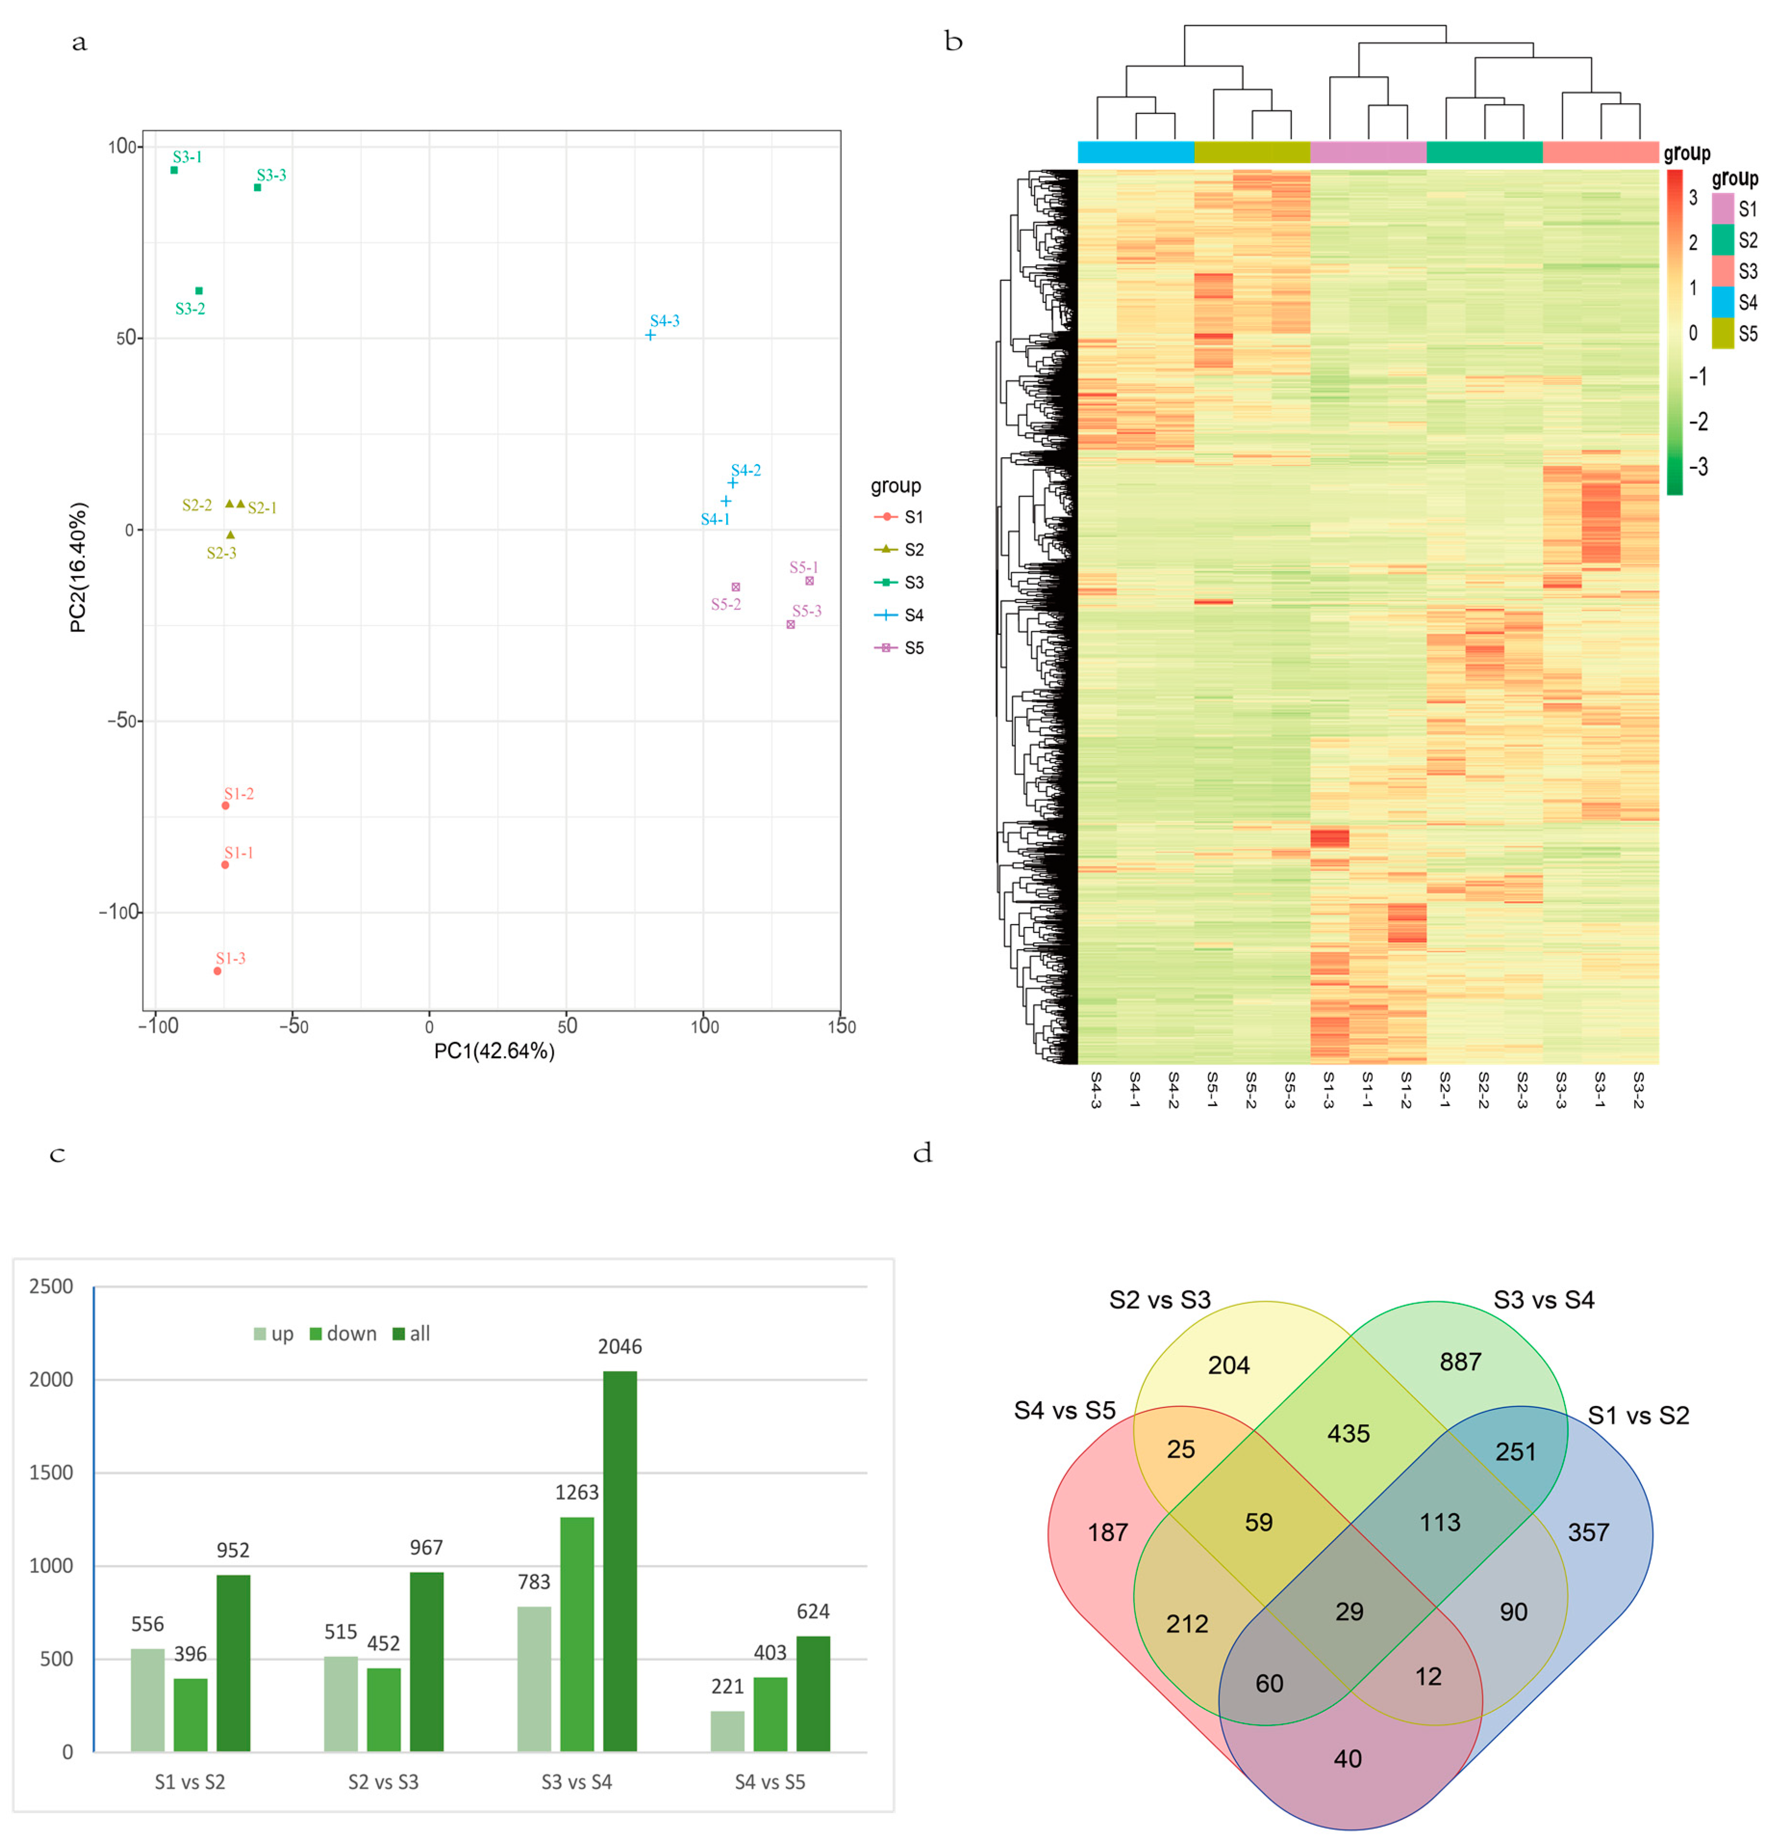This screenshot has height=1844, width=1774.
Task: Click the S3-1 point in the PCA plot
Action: (174, 170)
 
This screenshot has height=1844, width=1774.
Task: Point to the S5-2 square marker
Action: (736, 587)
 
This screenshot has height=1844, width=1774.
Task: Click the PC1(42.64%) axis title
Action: (494, 1051)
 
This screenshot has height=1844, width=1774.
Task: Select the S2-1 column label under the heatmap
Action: (1445, 1090)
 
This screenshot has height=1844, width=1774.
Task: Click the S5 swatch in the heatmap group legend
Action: (1722, 333)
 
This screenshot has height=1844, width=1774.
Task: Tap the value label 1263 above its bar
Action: (577, 1492)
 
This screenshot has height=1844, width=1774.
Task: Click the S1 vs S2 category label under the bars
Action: (190, 1782)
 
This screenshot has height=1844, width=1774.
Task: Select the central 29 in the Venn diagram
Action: (1348, 1612)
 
